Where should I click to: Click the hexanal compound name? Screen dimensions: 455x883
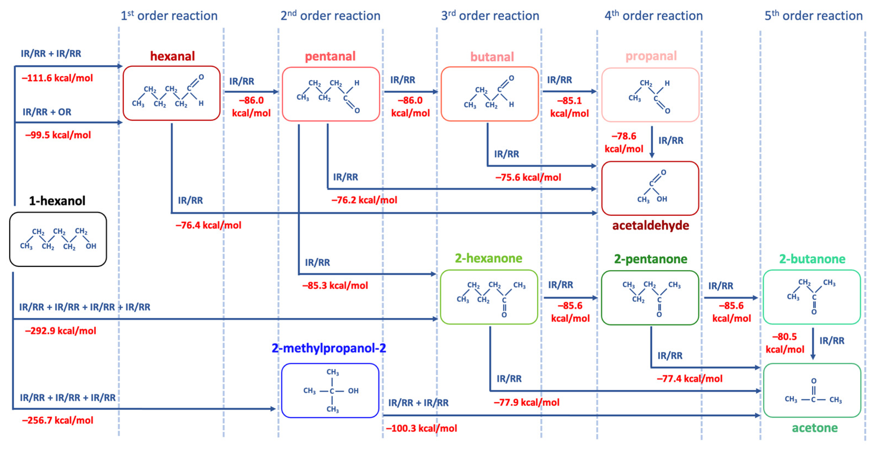173,56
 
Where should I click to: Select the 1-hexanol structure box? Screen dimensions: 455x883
58,239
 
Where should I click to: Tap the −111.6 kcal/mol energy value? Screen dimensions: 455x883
57,78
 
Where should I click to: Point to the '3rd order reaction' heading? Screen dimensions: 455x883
490,16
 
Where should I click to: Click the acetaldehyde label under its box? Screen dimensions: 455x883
650,225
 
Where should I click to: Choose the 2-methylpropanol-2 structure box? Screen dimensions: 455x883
330,390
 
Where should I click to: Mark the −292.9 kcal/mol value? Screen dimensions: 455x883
60,331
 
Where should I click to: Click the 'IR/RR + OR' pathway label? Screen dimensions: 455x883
47,112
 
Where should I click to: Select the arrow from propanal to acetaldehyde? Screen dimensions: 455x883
652,142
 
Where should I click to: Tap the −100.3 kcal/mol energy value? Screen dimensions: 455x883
421,428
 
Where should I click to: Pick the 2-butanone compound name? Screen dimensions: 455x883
812,259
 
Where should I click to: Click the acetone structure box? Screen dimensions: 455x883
812,390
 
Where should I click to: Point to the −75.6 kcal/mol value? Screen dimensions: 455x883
528,177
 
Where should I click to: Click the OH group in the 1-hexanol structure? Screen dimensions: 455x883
91,246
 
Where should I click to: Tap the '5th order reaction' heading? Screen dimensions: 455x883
813,16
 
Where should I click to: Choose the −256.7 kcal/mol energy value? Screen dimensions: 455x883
58,420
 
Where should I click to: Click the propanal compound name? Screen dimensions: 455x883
651,56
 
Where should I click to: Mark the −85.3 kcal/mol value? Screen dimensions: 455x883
335,286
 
